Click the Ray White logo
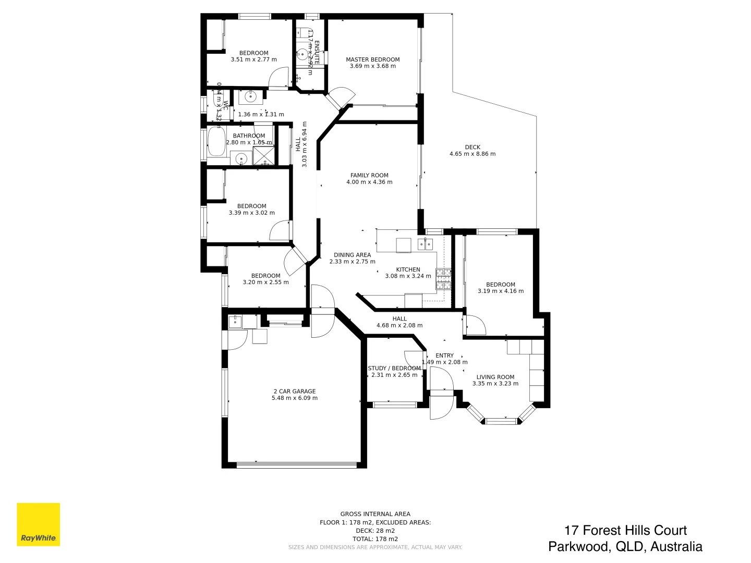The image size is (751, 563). click(38, 524)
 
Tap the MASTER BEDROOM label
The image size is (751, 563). click(372, 59)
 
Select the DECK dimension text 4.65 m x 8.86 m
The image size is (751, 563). click(472, 154)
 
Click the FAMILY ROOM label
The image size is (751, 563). click(369, 176)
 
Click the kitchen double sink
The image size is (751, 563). click(425, 243)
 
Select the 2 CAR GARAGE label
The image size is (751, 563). click(294, 391)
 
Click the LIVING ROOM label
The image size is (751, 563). click(495, 377)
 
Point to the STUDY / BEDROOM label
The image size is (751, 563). click(394, 368)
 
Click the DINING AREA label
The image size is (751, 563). click(352, 255)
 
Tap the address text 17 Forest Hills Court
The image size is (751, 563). click(625, 530)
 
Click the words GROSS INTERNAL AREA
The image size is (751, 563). click(375, 514)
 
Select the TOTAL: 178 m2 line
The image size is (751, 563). click(375, 539)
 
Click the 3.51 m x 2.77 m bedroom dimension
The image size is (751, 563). click(253, 59)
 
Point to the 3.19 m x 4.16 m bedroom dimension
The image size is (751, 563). click(500, 291)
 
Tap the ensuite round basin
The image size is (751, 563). click(303, 53)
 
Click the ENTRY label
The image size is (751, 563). click(444, 356)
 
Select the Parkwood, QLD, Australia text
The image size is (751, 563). click(625, 546)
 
